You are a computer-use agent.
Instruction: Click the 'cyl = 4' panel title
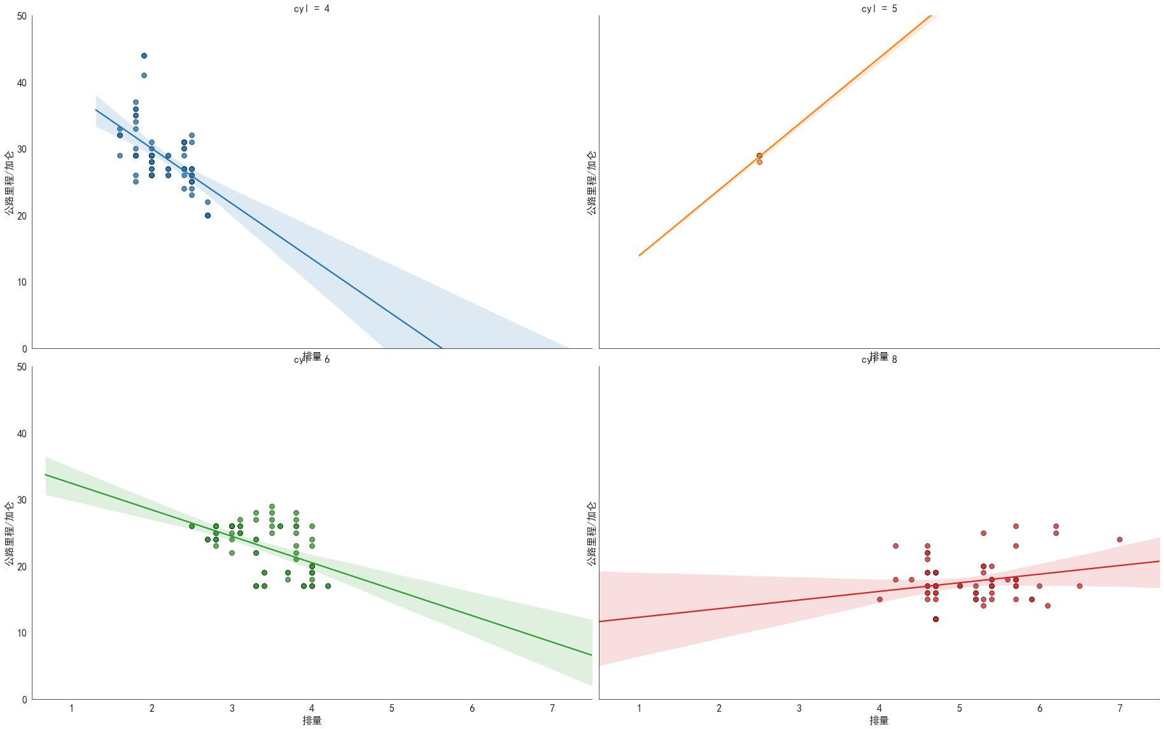tap(312, 9)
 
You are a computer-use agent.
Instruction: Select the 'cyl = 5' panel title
tap(879, 9)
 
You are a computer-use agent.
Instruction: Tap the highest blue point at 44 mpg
tap(144, 56)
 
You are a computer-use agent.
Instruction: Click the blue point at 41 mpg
tap(144, 76)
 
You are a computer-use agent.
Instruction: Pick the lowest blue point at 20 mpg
tap(207, 216)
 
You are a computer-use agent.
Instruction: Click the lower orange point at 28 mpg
tap(759, 162)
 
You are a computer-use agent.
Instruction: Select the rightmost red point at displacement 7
tap(1119, 540)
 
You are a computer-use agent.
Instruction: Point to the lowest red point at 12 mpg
tap(936, 619)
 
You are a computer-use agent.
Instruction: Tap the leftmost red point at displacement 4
tap(880, 600)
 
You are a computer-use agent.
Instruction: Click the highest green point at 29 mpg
tap(272, 507)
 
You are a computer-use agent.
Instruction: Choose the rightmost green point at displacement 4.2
tap(328, 586)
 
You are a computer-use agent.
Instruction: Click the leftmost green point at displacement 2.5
tap(192, 527)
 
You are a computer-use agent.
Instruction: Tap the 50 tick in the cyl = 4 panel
tap(22, 17)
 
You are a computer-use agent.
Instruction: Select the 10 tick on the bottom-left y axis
tap(22, 633)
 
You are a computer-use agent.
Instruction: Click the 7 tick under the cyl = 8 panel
tap(1119, 709)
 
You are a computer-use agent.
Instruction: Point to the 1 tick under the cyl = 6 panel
tap(72, 709)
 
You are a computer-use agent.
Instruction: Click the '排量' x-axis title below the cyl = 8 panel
tap(879, 721)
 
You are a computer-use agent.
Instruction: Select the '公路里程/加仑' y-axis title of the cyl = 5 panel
tap(592, 183)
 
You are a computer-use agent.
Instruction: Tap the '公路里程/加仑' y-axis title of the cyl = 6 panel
tap(9, 534)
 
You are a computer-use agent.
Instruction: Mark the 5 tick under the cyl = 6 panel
tap(392, 709)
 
